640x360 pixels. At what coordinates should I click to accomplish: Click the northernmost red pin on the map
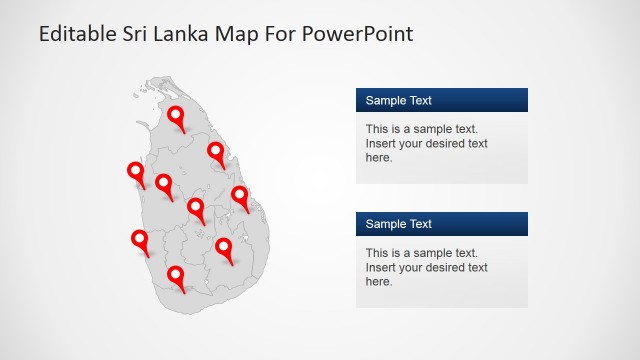[x=177, y=116]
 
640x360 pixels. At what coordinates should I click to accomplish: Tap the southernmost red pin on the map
[x=176, y=275]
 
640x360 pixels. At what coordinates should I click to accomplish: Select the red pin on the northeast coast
[x=216, y=152]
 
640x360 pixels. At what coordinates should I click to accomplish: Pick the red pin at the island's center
[x=196, y=208]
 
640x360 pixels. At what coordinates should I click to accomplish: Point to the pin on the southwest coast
[x=139, y=240]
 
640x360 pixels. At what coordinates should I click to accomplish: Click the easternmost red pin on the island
[x=240, y=196]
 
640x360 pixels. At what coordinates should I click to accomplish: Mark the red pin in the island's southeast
[x=224, y=248]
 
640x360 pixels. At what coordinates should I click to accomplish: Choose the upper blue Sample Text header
[x=441, y=100]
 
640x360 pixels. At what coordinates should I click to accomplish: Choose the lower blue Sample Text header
[x=441, y=224]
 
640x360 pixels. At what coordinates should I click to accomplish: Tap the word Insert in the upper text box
[x=381, y=143]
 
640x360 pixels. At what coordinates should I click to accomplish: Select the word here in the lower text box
[x=378, y=281]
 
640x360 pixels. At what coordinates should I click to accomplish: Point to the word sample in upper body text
[x=431, y=129]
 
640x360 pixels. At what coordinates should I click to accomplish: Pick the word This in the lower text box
[x=377, y=253]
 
